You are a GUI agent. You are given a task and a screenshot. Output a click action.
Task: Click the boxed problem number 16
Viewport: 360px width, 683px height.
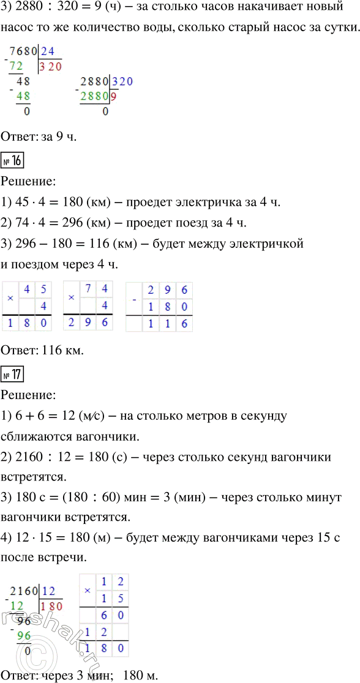click(x=12, y=163)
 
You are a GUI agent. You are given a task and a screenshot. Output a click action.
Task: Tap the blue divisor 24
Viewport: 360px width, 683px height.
click(x=48, y=52)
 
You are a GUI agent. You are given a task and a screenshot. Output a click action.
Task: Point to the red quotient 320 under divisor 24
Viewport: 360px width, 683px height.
click(x=50, y=66)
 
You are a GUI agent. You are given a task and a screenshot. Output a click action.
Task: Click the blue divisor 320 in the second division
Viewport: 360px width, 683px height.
click(x=121, y=81)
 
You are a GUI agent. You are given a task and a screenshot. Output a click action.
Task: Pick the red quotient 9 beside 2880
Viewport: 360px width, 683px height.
click(x=114, y=95)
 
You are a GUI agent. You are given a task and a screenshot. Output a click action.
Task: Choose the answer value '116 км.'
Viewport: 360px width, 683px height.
click(x=62, y=351)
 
